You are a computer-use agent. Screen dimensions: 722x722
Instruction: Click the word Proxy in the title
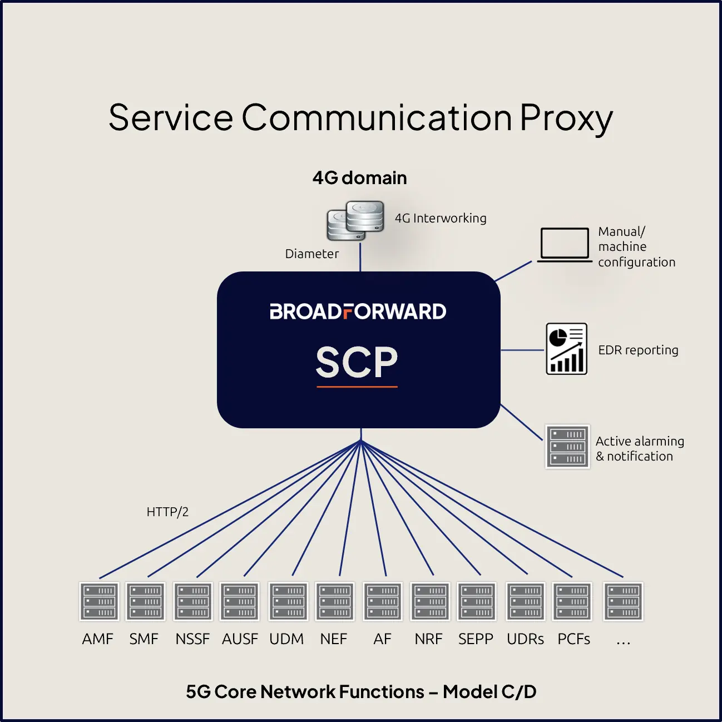(x=566, y=119)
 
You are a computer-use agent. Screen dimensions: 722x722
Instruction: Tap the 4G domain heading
(x=360, y=177)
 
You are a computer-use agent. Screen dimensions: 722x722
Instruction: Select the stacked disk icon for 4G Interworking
(x=355, y=220)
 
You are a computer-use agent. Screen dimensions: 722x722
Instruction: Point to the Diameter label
(x=311, y=254)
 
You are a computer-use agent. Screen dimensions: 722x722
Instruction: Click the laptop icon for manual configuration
(x=565, y=245)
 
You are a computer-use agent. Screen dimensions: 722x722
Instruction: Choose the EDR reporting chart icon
(x=566, y=348)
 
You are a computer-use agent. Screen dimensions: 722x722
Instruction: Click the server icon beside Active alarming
(x=567, y=446)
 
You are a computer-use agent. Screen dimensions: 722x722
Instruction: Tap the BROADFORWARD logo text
(x=358, y=311)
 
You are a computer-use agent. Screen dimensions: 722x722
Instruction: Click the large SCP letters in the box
(x=357, y=362)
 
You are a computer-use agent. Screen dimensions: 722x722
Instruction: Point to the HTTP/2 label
(x=167, y=511)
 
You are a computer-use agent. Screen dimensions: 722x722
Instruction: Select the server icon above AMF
(x=99, y=601)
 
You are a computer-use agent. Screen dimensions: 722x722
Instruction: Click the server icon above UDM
(x=289, y=601)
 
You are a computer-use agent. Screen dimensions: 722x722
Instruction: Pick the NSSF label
(x=192, y=639)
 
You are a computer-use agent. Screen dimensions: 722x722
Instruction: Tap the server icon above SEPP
(x=477, y=601)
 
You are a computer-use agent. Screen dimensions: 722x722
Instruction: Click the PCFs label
(x=573, y=639)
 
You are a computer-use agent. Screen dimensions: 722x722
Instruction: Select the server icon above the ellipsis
(x=623, y=601)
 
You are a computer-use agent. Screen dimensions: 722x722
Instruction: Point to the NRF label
(x=429, y=639)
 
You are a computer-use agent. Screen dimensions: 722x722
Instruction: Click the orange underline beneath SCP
(x=357, y=386)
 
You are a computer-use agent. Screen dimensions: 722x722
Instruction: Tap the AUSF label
(x=240, y=639)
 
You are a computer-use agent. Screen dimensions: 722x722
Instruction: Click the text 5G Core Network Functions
(x=305, y=691)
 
